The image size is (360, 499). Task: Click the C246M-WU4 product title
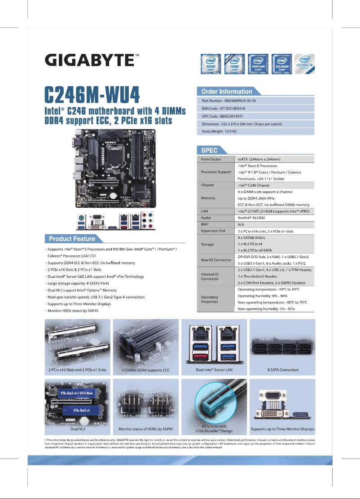[x=92, y=94]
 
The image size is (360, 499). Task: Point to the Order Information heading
[x=226, y=92]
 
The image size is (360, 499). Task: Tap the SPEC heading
[x=209, y=150]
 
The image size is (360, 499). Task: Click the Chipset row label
[x=207, y=185]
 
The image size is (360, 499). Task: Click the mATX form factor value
[x=259, y=159]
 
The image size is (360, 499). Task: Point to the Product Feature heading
[x=72, y=239]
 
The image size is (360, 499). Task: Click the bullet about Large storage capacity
[x=77, y=284]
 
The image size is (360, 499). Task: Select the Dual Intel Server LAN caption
[x=214, y=370]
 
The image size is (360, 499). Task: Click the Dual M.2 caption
[x=79, y=429]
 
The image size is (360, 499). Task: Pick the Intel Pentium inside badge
[x=258, y=64]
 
